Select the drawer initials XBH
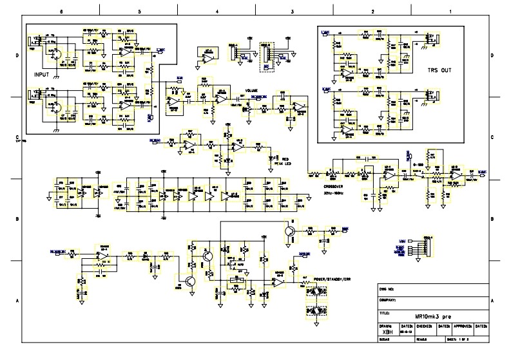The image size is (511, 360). coord(387,332)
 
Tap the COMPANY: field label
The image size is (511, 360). coord(389,300)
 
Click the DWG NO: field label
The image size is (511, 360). coord(387,288)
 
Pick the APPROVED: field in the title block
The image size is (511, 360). coord(460,327)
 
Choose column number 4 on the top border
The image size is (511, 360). coord(217,12)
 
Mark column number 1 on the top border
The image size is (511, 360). coord(449,12)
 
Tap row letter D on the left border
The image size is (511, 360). coord(16,57)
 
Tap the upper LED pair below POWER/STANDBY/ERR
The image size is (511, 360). coord(316,290)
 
